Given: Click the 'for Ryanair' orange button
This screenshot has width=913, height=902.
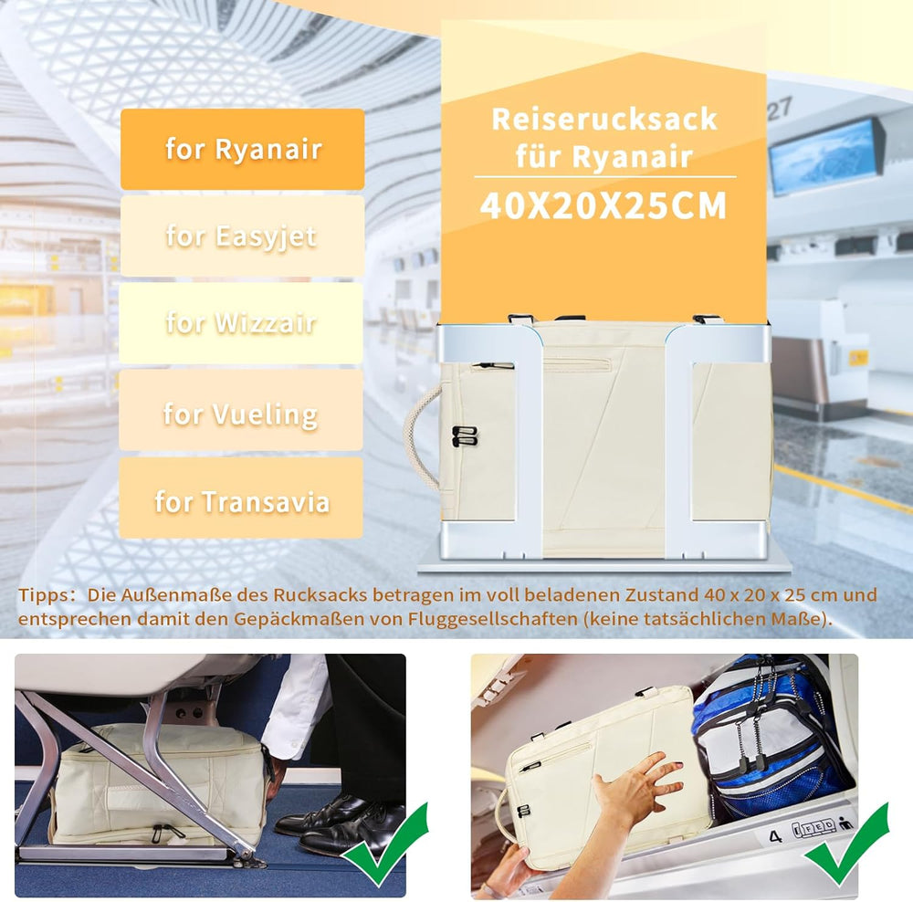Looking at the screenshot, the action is (x=242, y=149).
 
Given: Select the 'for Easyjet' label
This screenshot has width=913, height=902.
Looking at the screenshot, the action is (x=242, y=236).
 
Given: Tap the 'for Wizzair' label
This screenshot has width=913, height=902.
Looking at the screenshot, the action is (x=241, y=323).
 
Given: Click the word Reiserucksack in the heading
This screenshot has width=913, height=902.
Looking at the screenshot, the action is (x=604, y=120).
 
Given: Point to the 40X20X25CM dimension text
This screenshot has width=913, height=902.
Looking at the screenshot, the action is (x=603, y=205).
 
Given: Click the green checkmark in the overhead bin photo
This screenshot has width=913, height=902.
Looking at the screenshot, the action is (x=847, y=844).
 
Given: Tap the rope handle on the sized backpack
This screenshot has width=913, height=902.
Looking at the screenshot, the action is (x=418, y=436).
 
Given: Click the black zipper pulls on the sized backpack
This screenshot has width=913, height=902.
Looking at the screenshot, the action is (x=465, y=436).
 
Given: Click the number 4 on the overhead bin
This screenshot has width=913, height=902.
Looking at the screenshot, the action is (x=775, y=836).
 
